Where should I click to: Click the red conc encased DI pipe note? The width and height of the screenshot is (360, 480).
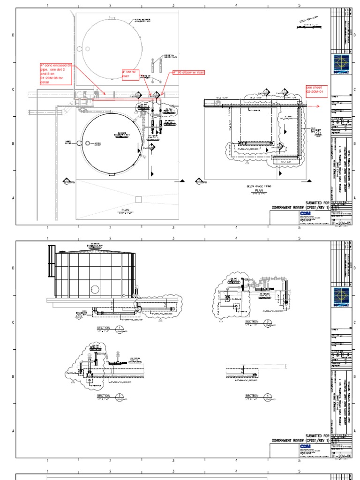point(56,74)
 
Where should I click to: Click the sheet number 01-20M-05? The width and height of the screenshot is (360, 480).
point(341,223)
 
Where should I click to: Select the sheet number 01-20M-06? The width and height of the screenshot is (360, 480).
point(341,456)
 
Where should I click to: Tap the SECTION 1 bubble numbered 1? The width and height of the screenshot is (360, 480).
point(120,328)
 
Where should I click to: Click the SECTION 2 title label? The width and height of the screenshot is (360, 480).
point(252,322)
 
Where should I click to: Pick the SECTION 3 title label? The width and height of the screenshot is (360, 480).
point(103,396)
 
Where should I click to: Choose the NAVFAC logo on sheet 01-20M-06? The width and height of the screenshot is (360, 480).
point(341,297)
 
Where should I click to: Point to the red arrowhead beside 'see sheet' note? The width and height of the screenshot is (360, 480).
point(318,106)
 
